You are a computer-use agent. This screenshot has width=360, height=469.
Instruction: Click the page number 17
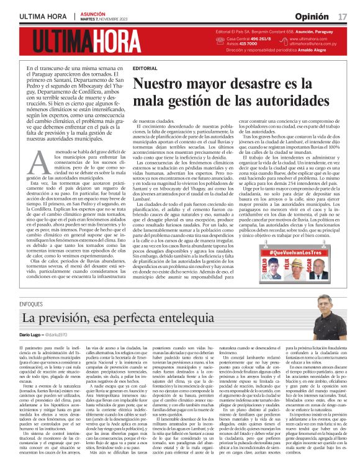(343, 16)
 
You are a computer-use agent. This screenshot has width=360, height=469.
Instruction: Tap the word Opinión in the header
(312, 16)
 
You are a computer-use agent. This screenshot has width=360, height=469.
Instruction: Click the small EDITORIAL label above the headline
(145, 68)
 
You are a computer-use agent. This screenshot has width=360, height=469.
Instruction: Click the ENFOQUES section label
(31, 304)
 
